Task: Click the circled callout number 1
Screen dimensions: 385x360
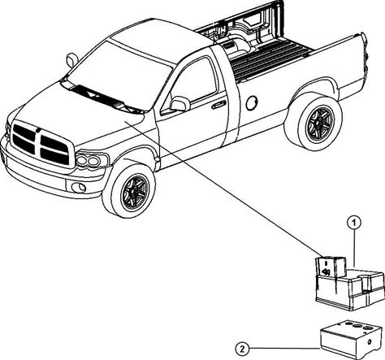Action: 354,223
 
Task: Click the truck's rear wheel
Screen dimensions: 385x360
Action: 314,122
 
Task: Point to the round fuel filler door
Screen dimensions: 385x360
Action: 252,103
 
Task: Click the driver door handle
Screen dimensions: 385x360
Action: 218,105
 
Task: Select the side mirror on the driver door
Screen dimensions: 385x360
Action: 180,104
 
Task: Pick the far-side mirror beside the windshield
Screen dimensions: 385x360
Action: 72,60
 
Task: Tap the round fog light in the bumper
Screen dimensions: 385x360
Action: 79,187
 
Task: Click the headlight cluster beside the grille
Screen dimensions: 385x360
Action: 92,160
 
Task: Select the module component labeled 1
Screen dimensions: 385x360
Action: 350,283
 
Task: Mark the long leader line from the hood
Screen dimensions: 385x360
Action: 224,189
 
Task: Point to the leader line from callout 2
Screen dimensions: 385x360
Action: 285,349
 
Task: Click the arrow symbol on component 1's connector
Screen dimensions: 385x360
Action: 326,271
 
